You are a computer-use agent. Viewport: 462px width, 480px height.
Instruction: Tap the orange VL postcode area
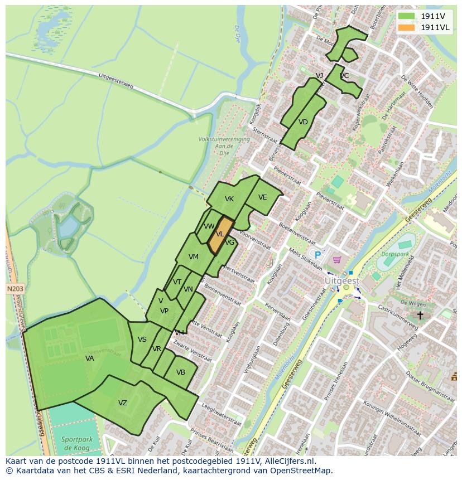click(x=220, y=235)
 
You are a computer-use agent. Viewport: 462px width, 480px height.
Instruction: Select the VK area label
click(x=229, y=199)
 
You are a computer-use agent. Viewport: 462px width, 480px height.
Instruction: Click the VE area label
click(x=262, y=197)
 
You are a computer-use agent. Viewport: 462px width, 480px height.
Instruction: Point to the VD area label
click(x=303, y=122)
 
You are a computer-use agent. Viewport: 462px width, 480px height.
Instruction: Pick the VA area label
click(x=89, y=358)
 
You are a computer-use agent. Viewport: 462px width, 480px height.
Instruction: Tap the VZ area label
click(x=123, y=403)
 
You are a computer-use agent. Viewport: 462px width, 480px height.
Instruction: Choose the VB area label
click(x=181, y=372)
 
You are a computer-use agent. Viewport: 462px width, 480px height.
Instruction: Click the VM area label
click(x=194, y=257)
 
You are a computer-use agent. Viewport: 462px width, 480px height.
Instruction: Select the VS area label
click(x=142, y=340)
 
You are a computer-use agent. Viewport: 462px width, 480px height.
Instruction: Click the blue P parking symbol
click(x=317, y=255)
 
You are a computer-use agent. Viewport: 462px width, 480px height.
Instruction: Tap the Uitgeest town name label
click(x=342, y=282)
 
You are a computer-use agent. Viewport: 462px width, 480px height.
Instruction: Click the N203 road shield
click(x=16, y=289)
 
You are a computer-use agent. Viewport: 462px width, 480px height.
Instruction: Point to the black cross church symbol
click(x=420, y=316)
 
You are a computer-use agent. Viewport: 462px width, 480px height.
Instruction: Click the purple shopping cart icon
click(x=336, y=260)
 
